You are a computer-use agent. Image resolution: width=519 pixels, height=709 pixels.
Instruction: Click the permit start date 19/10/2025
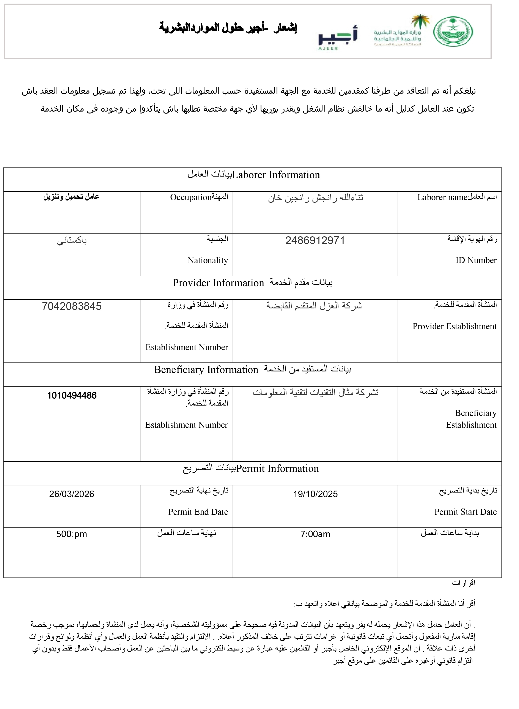[315, 494]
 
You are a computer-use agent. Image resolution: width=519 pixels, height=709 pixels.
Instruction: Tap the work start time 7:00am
[315, 534]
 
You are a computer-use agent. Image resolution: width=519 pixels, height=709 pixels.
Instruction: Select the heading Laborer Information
[276, 175]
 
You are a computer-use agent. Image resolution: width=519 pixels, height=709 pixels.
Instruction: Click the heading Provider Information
[218, 283]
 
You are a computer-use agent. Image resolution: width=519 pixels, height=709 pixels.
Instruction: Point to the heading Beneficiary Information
[206, 370]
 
